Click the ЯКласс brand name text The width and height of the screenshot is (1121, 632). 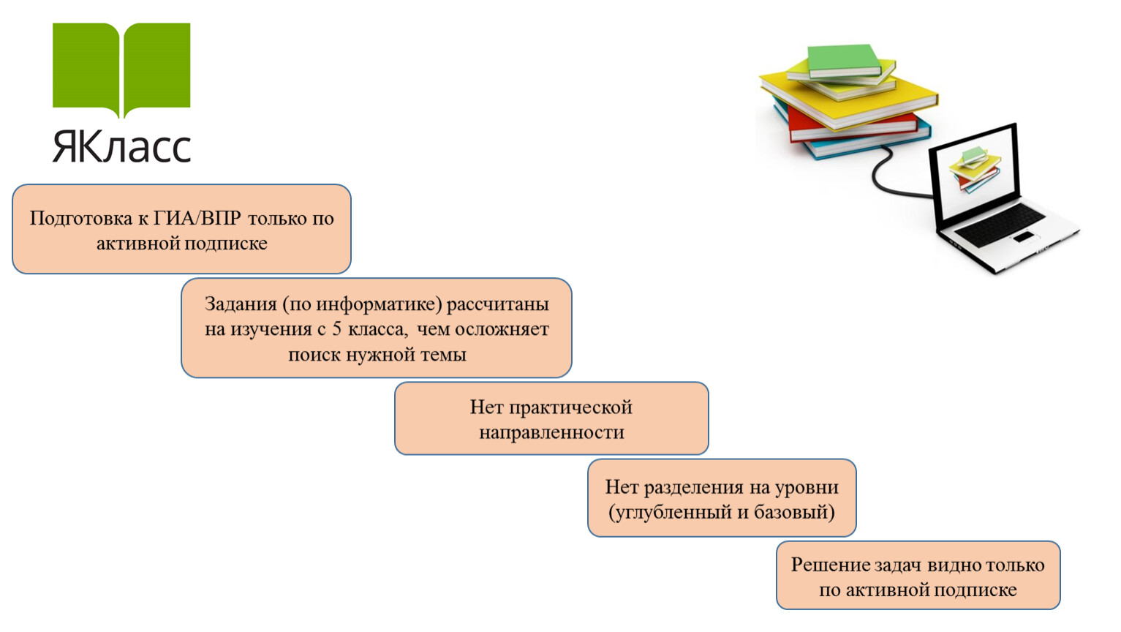[x=121, y=146]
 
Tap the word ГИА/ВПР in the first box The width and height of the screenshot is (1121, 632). [x=197, y=218]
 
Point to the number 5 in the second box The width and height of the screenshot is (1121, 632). [x=336, y=329]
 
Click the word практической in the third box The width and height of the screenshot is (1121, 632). [x=570, y=408]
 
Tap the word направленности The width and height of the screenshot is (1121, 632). [x=551, y=432]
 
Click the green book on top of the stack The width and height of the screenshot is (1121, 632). [x=844, y=61]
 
